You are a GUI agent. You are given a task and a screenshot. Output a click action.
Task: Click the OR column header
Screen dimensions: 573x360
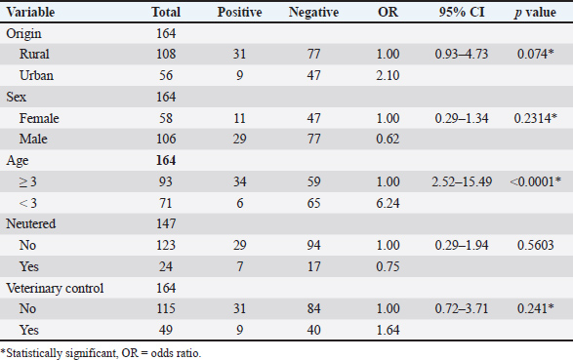(388, 12)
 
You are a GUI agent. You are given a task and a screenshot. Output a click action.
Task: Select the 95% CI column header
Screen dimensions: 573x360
(462, 12)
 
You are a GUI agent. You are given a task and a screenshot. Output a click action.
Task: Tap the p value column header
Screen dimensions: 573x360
(535, 13)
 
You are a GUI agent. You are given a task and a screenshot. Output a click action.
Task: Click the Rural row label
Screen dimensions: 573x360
(34, 54)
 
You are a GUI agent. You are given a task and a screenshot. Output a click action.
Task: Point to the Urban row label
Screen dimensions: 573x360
(36, 75)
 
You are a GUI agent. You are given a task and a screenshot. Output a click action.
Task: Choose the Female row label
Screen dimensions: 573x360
(39, 118)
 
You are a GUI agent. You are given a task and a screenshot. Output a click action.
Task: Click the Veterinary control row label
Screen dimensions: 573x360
(55, 288)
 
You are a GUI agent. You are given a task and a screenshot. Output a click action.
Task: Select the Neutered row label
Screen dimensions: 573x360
(30, 223)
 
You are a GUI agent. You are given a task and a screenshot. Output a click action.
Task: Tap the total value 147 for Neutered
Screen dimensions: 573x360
(166, 223)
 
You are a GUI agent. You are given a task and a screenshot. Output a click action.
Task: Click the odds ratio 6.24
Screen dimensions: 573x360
(388, 203)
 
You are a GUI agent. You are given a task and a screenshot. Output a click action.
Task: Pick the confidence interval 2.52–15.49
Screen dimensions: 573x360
(462, 181)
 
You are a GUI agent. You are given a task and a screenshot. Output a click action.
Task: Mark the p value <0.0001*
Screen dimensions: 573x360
(535, 181)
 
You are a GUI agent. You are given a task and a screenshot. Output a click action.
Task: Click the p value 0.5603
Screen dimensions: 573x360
(535, 245)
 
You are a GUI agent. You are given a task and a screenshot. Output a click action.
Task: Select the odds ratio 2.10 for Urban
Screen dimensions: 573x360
(388, 75)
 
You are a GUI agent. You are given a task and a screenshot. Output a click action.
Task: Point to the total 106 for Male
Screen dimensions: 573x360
(166, 139)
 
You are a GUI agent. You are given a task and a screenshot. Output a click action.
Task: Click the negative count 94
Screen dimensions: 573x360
(313, 245)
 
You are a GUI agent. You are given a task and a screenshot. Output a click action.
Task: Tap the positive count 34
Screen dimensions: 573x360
(240, 181)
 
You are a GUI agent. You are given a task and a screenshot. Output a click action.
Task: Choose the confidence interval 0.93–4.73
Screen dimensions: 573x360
(462, 54)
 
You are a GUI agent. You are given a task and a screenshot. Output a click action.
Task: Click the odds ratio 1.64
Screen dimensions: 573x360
(388, 330)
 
